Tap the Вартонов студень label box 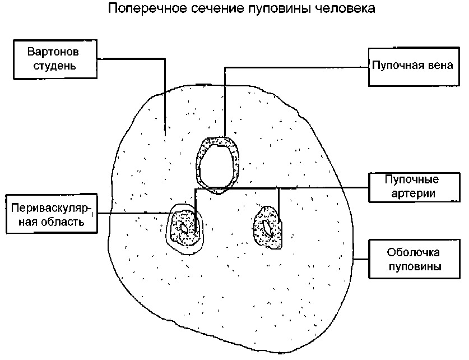55,59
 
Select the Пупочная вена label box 414,67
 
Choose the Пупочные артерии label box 414,188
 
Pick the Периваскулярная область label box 52,214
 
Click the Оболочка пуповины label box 414,259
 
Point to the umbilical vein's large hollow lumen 217,167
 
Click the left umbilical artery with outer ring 184,229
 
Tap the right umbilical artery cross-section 268,227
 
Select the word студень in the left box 55,66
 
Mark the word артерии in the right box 413,194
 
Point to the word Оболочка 413,252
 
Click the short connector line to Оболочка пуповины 361,259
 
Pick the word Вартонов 53,52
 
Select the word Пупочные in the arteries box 412,179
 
